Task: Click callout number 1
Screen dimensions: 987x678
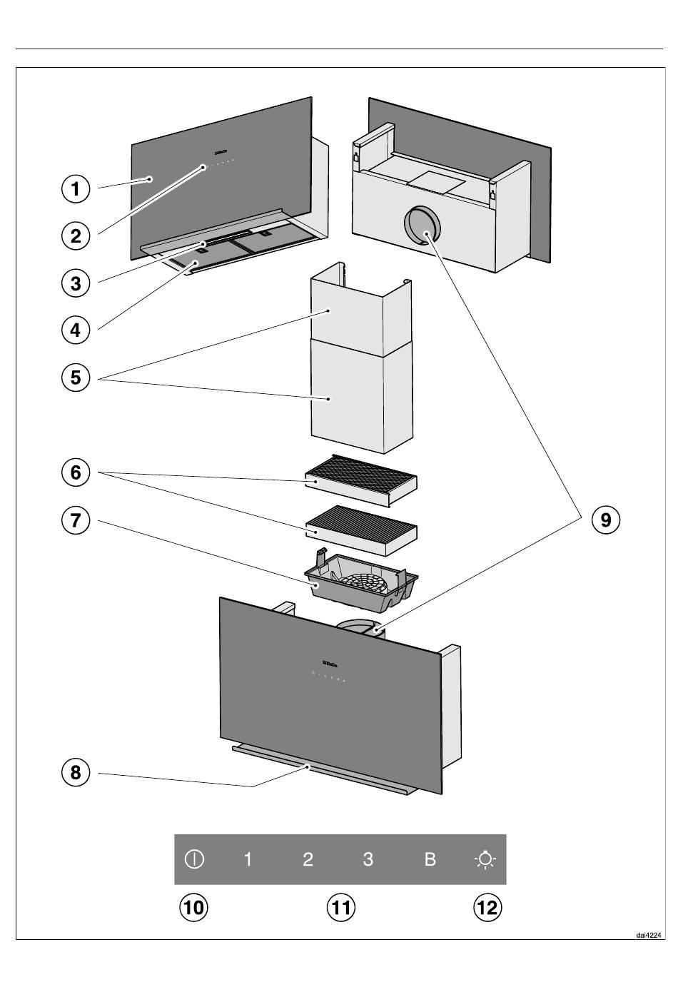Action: click(76, 189)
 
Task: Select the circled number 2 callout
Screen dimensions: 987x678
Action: click(76, 236)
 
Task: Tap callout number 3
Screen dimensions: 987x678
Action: click(76, 283)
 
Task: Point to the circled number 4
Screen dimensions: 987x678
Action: click(76, 330)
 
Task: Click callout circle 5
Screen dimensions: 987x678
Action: click(76, 377)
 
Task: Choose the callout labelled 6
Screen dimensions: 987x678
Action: click(76, 472)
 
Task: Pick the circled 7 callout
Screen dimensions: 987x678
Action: click(76, 520)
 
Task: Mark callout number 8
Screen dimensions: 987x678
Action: click(76, 772)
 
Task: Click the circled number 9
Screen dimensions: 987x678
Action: click(605, 520)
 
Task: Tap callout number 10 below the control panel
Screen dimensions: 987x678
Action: click(193, 908)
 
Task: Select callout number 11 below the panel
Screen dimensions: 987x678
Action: click(340, 908)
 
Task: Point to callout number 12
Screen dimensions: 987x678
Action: click(488, 908)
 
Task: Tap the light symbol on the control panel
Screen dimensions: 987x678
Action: click(485, 859)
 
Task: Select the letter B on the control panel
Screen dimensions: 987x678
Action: click(430, 859)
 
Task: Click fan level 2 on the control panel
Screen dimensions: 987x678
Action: click(308, 859)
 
